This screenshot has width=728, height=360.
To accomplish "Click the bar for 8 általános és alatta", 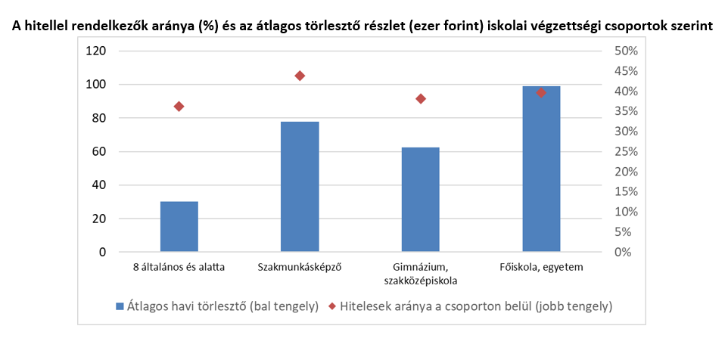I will (x=179, y=227).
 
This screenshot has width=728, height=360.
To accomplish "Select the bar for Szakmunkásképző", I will (x=300, y=186).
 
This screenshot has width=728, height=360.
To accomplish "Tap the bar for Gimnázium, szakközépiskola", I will (x=421, y=199).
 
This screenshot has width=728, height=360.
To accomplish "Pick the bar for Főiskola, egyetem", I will (x=541, y=169).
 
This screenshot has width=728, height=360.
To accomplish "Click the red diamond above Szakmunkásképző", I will (x=300, y=76).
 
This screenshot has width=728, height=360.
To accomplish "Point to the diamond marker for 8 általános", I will (x=179, y=107).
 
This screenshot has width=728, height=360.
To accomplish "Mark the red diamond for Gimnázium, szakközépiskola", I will (x=421, y=99).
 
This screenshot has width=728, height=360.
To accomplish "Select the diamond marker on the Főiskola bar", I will (x=541, y=92).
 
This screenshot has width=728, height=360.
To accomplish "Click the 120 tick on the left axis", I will (x=96, y=51).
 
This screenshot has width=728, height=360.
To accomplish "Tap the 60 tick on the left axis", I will (x=99, y=152).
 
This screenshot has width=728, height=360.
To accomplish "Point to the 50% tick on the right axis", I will (x=626, y=51).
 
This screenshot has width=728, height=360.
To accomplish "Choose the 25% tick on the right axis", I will (x=626, y=152).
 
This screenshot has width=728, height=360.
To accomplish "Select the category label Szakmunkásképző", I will (x=300, y=267).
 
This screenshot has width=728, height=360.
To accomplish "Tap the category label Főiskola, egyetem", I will (x=541, y=267).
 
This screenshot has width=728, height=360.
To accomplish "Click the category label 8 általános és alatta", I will (x=179, y=267).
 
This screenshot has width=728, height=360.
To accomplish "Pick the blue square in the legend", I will (x=119, y=306).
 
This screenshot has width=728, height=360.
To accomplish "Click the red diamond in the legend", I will (x=332, y=306).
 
